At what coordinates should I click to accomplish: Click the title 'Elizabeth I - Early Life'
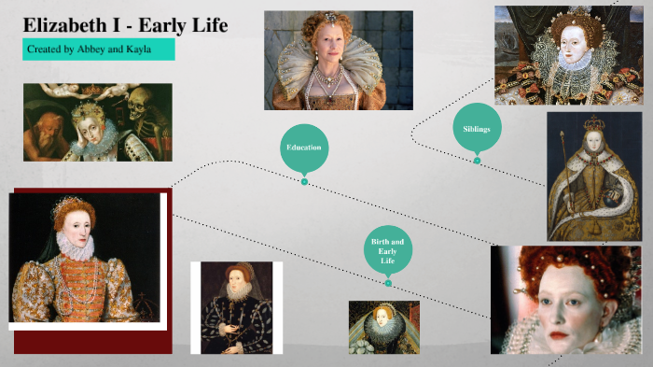point(125,25)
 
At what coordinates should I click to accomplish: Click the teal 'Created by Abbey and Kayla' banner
point(98,49)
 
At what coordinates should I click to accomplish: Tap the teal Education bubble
point(304,148)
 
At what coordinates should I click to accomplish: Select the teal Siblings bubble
point(477,127)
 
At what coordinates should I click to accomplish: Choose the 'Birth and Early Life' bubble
point(388,250)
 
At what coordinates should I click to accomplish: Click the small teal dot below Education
point(304,181)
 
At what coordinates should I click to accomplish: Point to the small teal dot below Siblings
point(477,161)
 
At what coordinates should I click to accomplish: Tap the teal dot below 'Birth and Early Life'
point(388,283)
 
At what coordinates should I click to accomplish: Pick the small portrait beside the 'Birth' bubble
point(383,327)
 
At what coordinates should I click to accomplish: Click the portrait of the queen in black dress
point(236,306)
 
